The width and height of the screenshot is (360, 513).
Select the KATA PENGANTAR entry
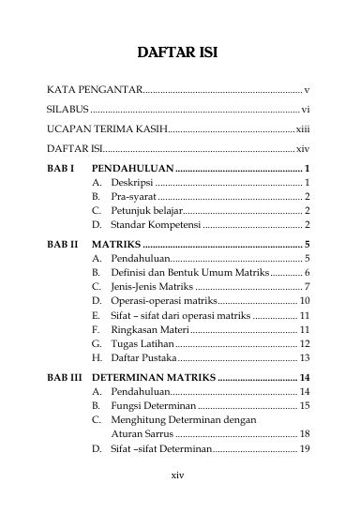coord(94,91)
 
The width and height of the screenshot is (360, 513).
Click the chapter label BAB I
coord(60,169)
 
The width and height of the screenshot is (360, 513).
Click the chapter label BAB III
coord(64,378)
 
